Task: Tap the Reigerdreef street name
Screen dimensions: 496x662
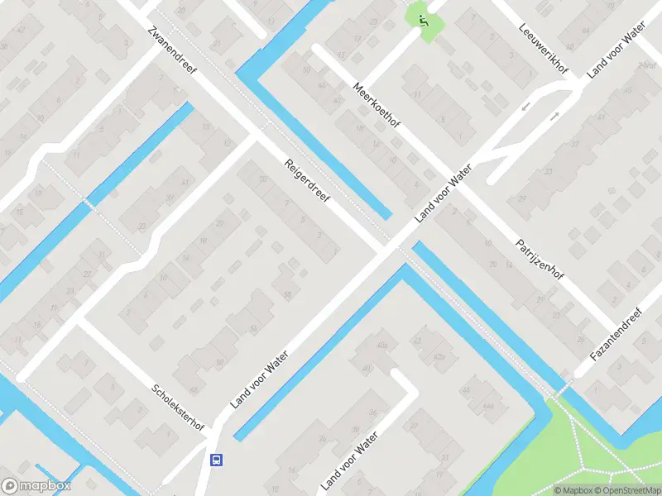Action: (307, 184)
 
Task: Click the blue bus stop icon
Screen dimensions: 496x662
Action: (217, 460)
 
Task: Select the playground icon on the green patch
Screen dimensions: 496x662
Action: (424, 21)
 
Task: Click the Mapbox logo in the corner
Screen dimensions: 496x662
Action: (36, 486)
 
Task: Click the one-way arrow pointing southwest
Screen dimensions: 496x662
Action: (525, 107)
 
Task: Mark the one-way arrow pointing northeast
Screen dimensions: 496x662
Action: (554, 117)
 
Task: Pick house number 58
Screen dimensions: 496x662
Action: (287, 295)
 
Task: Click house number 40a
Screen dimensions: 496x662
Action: (381, 344)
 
